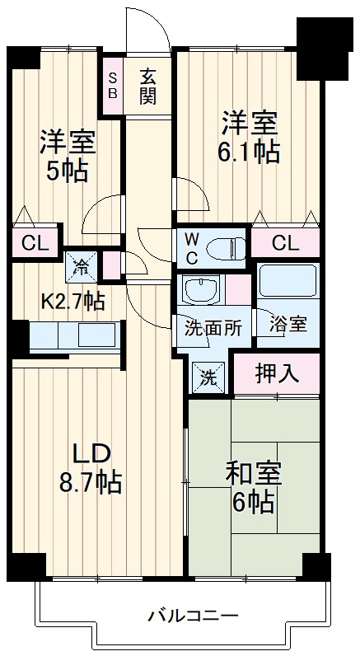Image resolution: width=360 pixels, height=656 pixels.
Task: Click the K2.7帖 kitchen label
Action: tap(73, 302)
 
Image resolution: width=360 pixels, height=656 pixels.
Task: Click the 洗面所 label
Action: tap(213, 327)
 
